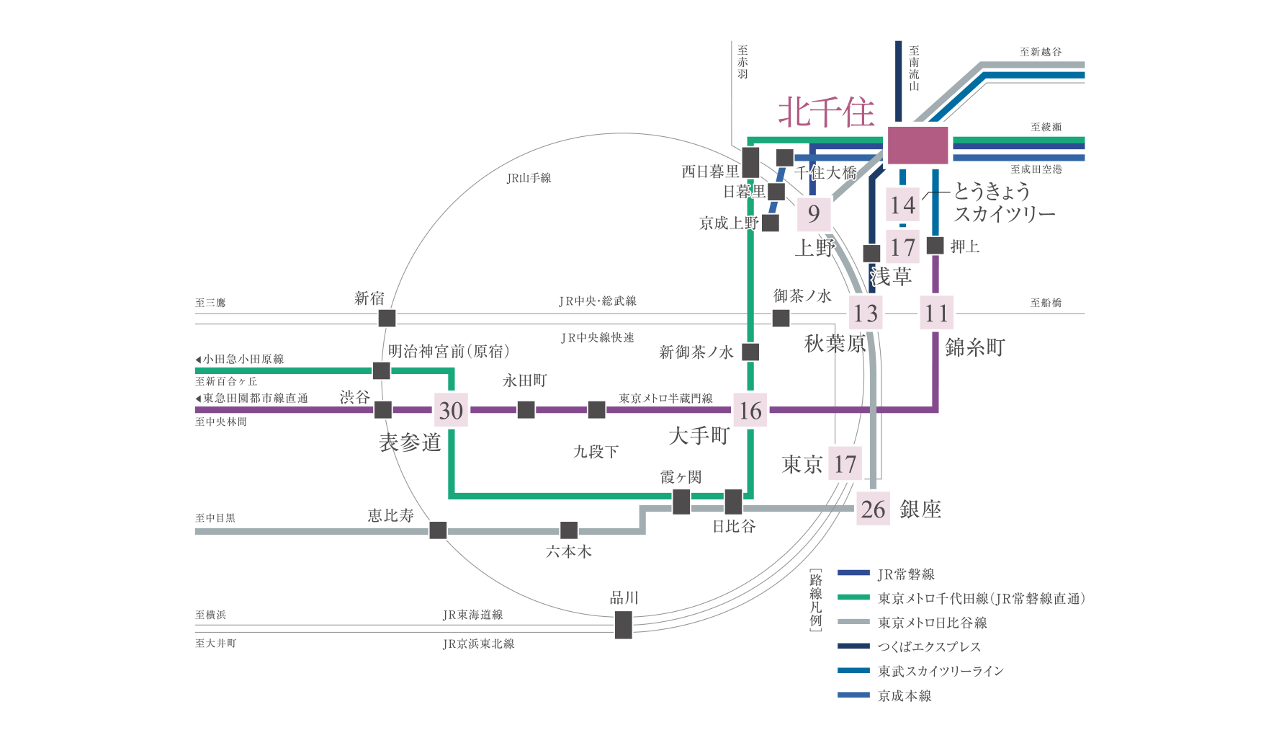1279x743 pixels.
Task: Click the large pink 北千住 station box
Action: pyautogui.click(x=917, y=145)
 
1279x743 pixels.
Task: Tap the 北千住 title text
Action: pyautogui.click(x=826, y=112)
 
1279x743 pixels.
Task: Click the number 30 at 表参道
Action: pyautogui.click(x=451, y=410)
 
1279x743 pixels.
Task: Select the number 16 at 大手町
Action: pyautogui.click(x=750, y=410)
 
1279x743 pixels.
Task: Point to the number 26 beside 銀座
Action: pyautogui.click(x=873, y=510)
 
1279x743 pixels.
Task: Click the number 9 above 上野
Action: pyautogui.click(x=814, y=213)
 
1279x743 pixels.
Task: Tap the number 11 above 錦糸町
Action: pyautogui.click(x=936, y=313)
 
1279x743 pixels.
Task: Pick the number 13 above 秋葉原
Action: pyautogui.click(x=866, y=313)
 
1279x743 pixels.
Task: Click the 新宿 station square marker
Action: pyautogui.click(x=387, y=318)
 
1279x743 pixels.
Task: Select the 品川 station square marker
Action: pyautogui.click(x=624, y=625)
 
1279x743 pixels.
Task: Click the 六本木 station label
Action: pyautogui.click(x=569, y=551)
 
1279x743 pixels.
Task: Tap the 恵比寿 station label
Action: pyautogui.click(x=391, y=515)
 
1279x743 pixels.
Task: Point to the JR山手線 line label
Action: pyautogui.click(x=529, y=178)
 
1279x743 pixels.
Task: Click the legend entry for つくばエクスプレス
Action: pyautogui.click(x=928, y=646)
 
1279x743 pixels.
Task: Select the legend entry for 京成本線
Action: pyautogui.click(x=905, y=695)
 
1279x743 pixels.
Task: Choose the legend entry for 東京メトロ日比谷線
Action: pyautogui.click(x=932, y=623)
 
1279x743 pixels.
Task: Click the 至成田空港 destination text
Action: pyautogui.click(x=1036, y=169)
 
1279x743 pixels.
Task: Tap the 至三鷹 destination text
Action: pyautogui.click(x=210, y=303)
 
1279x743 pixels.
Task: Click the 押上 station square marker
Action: pyautogui.click(x=935, y=246)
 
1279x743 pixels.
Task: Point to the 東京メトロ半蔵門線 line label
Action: pyautogui.click(x=665, y=398)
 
